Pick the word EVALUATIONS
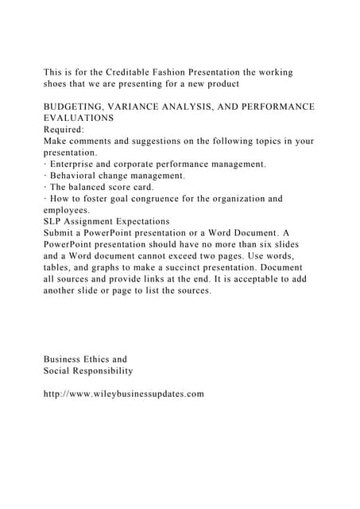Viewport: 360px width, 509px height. [x=79, y=118]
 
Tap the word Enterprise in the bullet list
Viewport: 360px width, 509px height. [x=78, y=164]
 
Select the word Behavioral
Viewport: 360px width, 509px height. [x=78, y=176]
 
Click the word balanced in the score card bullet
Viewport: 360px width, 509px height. [x=87, y=187]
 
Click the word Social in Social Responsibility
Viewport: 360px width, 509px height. [x=58, y=371]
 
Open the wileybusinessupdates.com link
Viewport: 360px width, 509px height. [x=124, y=394]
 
